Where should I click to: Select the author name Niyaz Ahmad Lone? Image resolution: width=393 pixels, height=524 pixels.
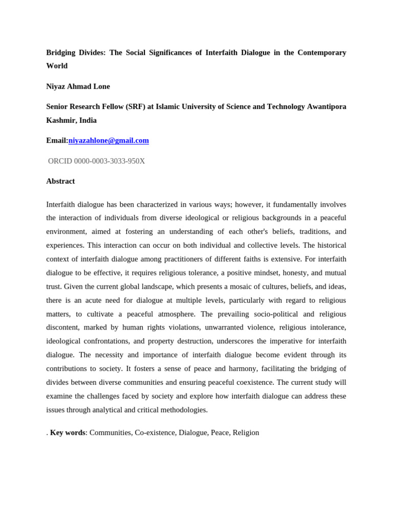78,86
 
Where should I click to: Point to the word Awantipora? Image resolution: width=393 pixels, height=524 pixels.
326,106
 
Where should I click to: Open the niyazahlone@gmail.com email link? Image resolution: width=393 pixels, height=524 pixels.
108,140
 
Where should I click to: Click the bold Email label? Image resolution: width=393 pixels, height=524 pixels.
56,140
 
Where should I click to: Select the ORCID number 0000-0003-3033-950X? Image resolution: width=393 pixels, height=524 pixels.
110,161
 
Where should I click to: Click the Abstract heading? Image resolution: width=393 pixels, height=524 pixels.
60,181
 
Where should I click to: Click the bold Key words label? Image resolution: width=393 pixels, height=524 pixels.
68,433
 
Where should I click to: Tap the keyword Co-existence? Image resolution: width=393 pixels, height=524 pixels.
155,433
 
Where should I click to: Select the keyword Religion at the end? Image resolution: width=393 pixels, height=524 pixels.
246,433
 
